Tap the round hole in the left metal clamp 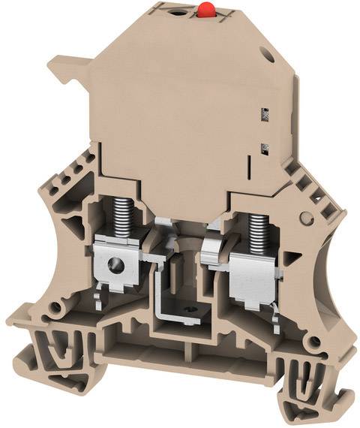[x=115, y=264]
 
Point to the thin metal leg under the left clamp [x=101, y=300]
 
